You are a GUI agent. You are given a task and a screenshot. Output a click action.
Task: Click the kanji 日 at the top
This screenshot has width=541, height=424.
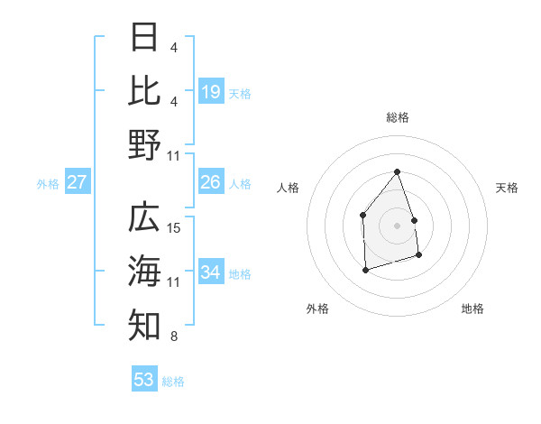pyautogui.click(x=144, y=38)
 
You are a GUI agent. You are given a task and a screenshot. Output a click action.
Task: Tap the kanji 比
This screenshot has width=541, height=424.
pyautogui.click(x=144, y=91)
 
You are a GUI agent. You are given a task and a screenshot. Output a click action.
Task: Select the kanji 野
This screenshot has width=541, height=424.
pyautogui.click(x=144, y=144)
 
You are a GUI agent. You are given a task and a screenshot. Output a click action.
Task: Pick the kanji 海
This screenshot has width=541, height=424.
pyautogui.click(x=144, y=270)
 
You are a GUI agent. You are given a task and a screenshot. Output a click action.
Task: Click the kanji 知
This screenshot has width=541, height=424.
pyautogui.click(x=144, y=324)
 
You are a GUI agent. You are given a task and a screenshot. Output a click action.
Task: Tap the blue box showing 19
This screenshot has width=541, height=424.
pyautogui.click(x=211, y=92)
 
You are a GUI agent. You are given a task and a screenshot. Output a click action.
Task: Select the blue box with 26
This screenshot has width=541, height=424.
pyautogui.click(x=211, y=183)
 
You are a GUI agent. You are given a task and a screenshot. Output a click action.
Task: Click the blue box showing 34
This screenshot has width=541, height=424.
pyautogui.click(x=211, y=272)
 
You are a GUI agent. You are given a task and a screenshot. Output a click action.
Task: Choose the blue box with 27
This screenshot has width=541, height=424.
pyautogui.click(x=77, y=183)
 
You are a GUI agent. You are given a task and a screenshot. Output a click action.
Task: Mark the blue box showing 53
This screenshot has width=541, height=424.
pyautogui.click(x=144, y=380)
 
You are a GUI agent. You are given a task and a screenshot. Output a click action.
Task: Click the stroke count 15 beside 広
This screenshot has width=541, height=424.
pyautogui.click(x=175, y=228)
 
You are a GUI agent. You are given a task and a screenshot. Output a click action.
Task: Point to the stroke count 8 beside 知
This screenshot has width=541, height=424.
pyautogui.click(x=173, y=337)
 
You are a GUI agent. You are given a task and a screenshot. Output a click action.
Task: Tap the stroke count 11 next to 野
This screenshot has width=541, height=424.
pyautogui.click(x=175, y=156)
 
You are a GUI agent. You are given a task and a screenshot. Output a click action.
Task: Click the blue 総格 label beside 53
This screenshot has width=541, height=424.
pyautogui.click(x=173, y=382)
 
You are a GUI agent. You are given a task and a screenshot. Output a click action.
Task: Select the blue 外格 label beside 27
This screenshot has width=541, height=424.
pyautogui.click(x=48, y=184)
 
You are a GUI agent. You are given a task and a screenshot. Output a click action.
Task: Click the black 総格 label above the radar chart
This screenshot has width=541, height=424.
pyautogui.click(x=397, y=117)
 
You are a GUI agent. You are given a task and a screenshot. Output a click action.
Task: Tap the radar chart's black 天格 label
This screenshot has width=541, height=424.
pyautogui.click(x=507, y=188)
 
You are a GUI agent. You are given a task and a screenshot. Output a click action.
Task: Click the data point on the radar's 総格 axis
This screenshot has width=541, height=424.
pyautogui.click(x=397, y=171)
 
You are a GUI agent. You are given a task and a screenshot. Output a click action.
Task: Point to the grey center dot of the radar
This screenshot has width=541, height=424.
pyautogui.click(x=397, y=225)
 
